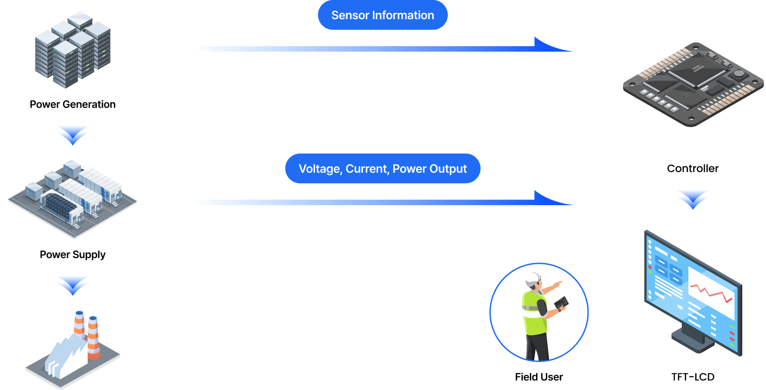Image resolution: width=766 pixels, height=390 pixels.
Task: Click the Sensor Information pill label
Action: (x=383, y=15)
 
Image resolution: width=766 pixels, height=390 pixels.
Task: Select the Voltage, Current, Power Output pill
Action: (x=383, y=169)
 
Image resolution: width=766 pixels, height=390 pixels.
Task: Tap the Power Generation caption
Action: (x=73, y=105)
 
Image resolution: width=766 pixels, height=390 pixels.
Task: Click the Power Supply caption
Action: (x=73, y=255)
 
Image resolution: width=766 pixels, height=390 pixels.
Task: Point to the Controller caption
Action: (x=693, y=169)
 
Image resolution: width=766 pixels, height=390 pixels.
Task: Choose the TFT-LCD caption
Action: (x=693, y=377)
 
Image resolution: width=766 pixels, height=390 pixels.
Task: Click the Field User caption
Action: (x=539, y=377)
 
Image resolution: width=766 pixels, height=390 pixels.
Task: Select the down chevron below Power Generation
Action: (x=73, y=135)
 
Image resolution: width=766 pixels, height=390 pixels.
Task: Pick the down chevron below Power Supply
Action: (x=73, y=285)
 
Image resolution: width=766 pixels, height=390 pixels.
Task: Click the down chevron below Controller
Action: (x=693, y=199)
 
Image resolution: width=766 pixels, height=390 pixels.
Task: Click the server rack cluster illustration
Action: (x=73, y=49)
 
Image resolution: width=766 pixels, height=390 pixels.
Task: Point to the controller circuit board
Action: (x=693, y=84)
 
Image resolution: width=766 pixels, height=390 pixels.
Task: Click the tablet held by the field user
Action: (x=561, y=303)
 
